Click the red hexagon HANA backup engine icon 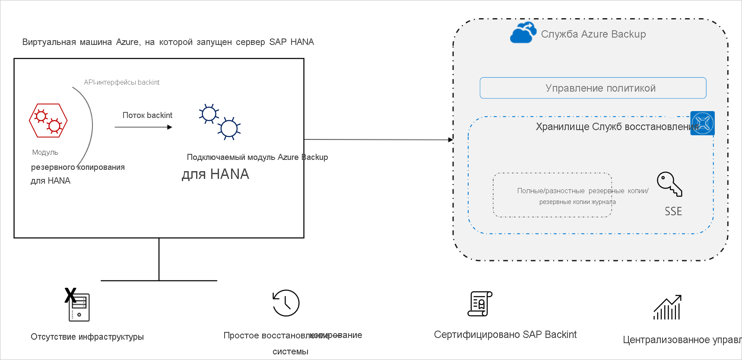(x=48, y=121)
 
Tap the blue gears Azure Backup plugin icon (x=219, y=122)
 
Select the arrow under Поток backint (x=143, y=127)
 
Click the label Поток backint (x=147, y=115)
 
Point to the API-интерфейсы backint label (x=122, y=83)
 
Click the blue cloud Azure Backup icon (x=523, y=33)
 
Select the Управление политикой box (x=593, y=88)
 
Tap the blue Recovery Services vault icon (x=702, y=123)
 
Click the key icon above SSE (x=669, y=184)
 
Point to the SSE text (x=673, y=211)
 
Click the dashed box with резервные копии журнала (x=552, y=195)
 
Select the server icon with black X (x=78, y=306)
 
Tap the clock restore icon (x=286, y=303)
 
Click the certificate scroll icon (x=480, y=303)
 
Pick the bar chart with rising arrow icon (x=668, y=307)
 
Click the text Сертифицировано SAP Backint (x=505, y=335)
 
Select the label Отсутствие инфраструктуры (x=87, y=337)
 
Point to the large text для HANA (x=215, y=174)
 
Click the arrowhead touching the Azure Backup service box (x=450, y=140)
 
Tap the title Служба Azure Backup (x=593, y=34)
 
